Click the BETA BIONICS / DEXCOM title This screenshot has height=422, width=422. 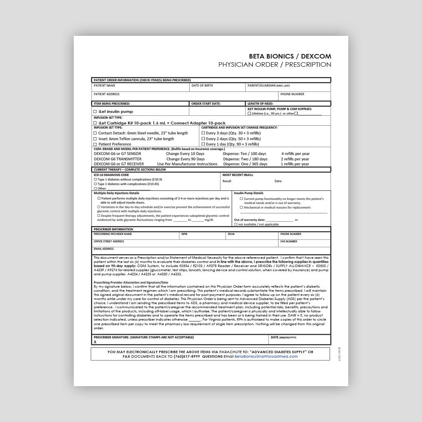[290, 56]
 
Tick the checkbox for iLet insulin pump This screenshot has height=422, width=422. [95, 112]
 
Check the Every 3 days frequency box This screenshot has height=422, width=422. [203, 133]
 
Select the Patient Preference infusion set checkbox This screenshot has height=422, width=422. [95, 144]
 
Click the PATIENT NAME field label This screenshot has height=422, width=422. [105, 86]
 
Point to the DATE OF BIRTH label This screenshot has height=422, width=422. [202, 86]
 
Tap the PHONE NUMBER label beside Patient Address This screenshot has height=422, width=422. [292, 94]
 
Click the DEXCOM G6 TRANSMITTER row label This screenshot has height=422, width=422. [117, 159]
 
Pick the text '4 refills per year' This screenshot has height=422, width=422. [295, 154]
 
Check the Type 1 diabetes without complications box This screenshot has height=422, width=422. [96, 180]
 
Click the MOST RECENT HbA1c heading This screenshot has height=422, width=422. [238, 175]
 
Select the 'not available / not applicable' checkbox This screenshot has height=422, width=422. [236, 225]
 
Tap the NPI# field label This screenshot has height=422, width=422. [185, 234]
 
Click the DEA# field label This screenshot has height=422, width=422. [231, 234]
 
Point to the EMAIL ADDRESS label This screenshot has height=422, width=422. [104, 249]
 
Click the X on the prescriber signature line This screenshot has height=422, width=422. [95, 342]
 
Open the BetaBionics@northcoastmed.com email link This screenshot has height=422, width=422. [266, 356]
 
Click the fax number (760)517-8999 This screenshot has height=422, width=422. [187, 356]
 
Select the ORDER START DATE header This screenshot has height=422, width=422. [206, 104]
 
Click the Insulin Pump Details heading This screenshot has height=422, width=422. [249, 193]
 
